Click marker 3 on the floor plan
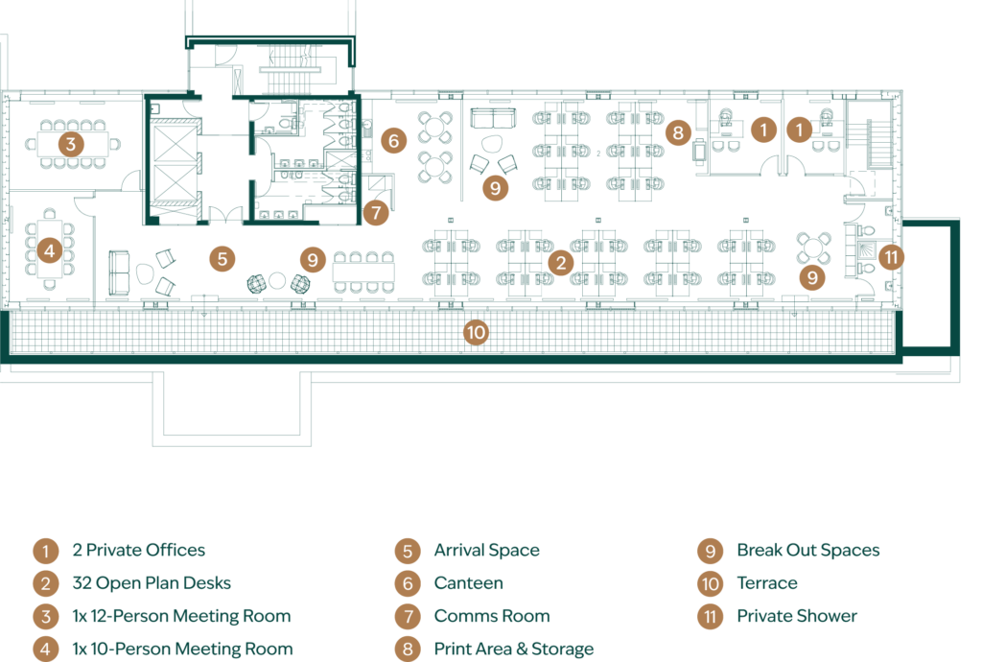click(x=71, y=144)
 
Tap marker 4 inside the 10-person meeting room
click(x=50, y=251)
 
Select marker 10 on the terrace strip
click(x=476, y=332)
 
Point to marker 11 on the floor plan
click(x=891, y=256)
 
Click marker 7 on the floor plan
click(x=376, y=212)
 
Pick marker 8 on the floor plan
click(x=678, y=132)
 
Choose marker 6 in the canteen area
click(x=393, y=140)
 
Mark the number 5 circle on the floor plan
click(x=222, y=258)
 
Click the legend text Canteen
click(x=468, y=583)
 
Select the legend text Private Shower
click(x=797, y=616)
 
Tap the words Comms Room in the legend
click(x=492, y=616)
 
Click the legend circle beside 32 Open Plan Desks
click(x=46, y=583)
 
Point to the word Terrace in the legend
click(x=767, y=583)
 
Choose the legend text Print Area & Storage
click(x=514, y=649)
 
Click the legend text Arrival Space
click(x=486, y=551)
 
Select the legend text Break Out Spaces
click(x=807, y=550)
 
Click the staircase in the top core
click(x=290, y=69)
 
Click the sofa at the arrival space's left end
click(x=119, y=272)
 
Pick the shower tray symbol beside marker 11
click(x=866, y=249)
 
